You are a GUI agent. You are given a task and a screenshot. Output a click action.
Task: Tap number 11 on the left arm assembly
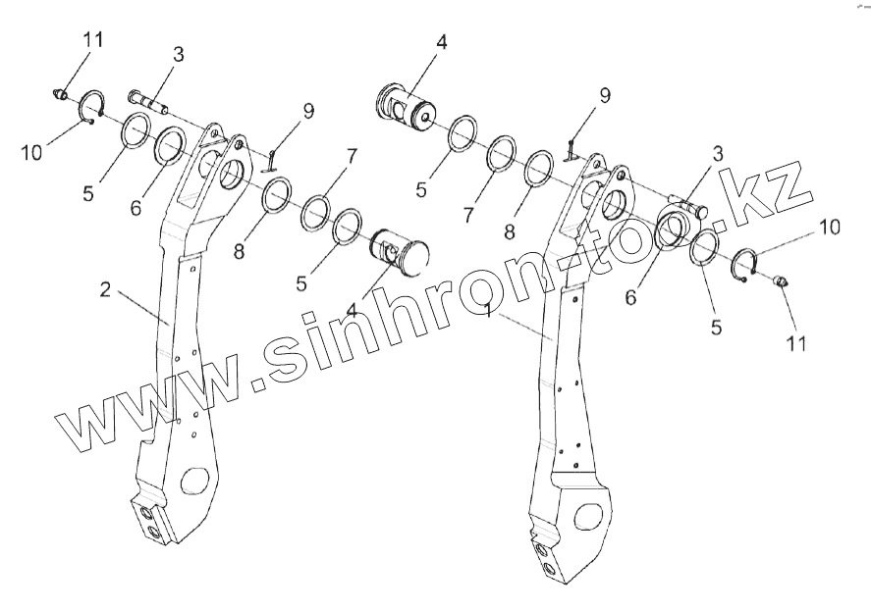pos(92,40)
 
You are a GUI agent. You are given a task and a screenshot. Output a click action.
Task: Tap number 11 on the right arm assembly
pos(796,343)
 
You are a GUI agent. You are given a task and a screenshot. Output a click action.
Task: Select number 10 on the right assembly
pos(831,228)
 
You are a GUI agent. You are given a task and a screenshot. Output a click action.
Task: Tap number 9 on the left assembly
pos(308,111)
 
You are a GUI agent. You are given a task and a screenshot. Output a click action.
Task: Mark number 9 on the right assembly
pos(605,95)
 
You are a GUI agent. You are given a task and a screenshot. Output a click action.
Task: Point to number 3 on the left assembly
pos(178,55)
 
